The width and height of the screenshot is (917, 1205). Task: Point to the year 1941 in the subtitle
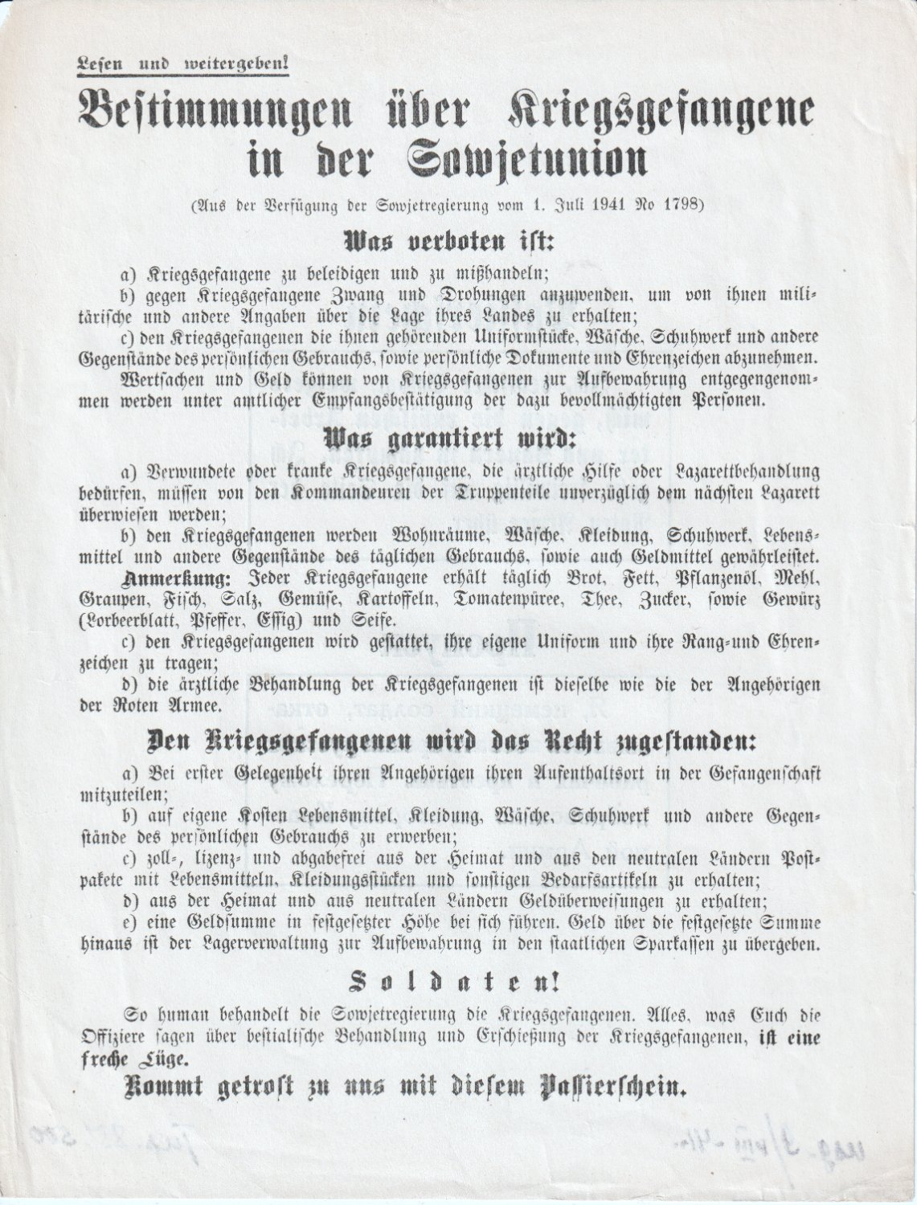pyautogui.click(x=595, y=202)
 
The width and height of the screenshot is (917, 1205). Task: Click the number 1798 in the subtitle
pyautogui.click(x=681, y=202)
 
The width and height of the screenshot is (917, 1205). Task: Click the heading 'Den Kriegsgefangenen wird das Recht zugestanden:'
pyautogui.click(x=452, y=742)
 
